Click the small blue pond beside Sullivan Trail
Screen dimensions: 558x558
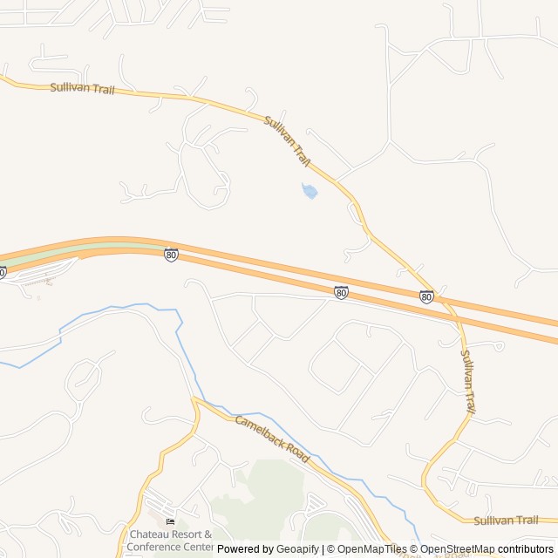[309, 190]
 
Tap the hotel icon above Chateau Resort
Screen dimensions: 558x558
[169, 521]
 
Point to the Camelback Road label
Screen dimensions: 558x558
[272, 439]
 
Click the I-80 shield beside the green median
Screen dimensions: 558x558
[171, 255]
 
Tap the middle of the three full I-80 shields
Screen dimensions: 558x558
[341, 292]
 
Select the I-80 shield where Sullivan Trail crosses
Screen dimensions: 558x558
[426, 297]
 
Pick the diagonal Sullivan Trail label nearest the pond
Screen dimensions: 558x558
[287, 141]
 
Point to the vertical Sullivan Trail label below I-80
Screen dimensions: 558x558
[468, 381]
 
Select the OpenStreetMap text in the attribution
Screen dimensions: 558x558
[457, 549]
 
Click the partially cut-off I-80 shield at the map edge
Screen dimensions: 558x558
[3, 273]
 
